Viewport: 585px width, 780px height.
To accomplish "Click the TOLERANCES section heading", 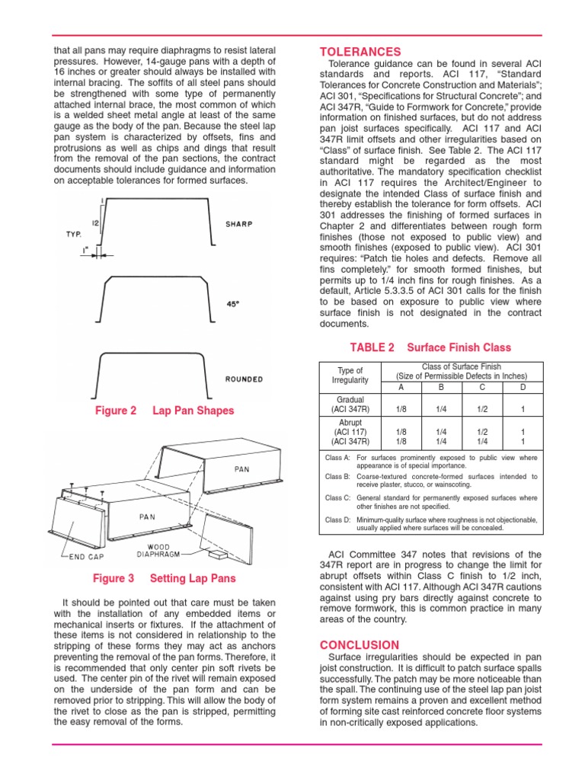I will click(x=360, y=51).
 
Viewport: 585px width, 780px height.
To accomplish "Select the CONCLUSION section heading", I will click(x=359, y=644).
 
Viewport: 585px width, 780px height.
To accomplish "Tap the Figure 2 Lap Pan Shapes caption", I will click(x=164, y=411).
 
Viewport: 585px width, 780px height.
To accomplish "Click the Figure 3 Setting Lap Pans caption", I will click(x=163, y=578).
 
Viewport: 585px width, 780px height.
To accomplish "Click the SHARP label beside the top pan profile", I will click(x=240, y=225).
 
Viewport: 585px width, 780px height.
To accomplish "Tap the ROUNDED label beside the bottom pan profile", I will click(x=244, y=379).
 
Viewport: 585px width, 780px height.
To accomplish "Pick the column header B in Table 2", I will click(x=441, y=387).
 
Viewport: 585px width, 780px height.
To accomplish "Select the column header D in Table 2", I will click(x=522, y=387).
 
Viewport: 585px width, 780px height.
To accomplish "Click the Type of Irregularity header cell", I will click(x=350, y=376).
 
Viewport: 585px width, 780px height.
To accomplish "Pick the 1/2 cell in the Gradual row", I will click(x=482, y=409).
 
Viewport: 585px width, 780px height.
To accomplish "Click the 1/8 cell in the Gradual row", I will click(x=401, y=409).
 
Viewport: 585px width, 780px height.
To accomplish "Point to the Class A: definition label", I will click(x=337, y=458).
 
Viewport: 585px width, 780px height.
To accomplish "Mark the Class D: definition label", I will click(x=337, y=519).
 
